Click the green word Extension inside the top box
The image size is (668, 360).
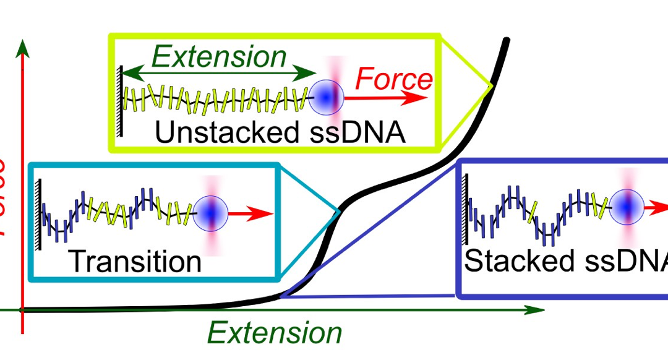[219, 57]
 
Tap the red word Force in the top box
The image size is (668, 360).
[394, 80]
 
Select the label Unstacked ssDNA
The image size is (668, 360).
[280, 132]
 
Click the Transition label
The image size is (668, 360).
[135, 261]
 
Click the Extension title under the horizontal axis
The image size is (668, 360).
[275, 333]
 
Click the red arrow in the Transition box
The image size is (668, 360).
[252, 214]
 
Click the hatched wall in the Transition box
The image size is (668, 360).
[40, 214]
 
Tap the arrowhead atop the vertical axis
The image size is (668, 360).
[23, 47]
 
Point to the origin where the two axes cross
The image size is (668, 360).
[23, 309]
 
